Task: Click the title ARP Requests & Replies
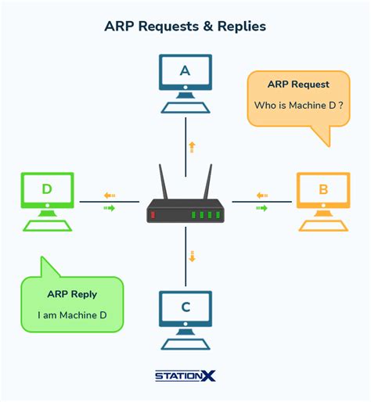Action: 185,26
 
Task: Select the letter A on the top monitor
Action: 185,70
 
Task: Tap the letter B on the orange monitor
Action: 322,189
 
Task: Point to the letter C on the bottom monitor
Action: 185,307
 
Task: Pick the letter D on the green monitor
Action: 47,189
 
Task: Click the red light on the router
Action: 153,214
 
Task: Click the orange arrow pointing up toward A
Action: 192,146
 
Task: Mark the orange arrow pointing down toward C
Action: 192,256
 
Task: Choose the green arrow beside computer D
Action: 109,208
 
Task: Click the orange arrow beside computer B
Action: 261,196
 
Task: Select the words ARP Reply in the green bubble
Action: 73,294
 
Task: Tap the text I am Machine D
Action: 73,315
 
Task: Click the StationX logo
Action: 185,376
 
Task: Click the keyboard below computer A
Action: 185,106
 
